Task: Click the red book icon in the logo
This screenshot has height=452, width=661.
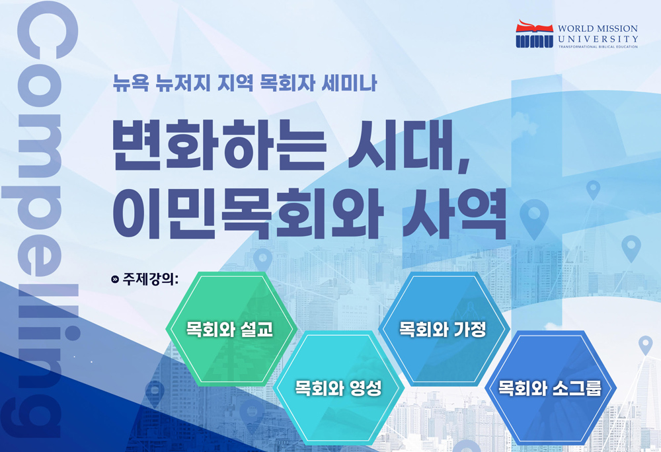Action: click(534, 27)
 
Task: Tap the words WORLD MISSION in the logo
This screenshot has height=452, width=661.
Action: click(598, 28)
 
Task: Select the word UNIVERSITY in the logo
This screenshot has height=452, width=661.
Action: click(598, 39)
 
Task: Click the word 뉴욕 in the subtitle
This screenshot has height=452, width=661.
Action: click(131, 83)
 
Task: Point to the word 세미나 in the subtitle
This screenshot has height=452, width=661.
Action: click(348, 83)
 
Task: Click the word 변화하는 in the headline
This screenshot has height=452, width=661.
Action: click(219, 145)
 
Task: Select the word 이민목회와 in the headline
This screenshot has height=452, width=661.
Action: click(248, 213)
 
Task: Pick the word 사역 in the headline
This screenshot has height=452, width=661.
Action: click(455, 213)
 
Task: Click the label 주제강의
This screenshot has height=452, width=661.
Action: click(151, 279)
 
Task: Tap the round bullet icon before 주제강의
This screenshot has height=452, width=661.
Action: click(114, 280)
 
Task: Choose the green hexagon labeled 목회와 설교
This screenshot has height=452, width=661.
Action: click(231, 329)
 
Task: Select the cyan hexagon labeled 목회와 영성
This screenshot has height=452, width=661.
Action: click(338, 388)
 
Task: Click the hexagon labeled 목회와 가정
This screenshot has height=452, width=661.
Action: click(444, 329)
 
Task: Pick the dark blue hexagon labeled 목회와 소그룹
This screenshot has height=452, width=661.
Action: click(551, 388)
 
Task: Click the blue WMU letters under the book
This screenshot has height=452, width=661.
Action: click(534, 41)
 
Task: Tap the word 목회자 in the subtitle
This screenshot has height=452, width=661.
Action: click(288, 83)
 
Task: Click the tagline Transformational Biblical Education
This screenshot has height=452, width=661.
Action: click(598, 47)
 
